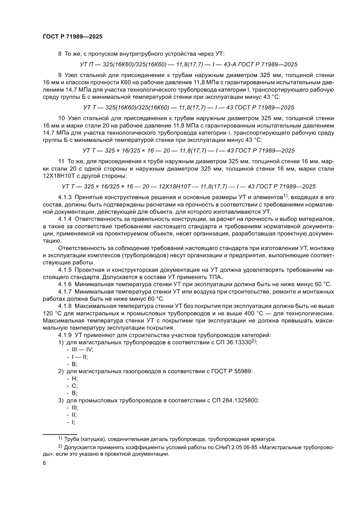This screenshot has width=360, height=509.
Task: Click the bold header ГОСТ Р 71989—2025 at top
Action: click(73, 37)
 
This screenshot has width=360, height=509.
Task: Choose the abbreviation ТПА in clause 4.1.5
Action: click(213, 277)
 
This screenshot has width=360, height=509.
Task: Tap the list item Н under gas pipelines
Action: click(74, 378)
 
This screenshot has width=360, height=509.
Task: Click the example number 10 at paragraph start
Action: click(61, 118)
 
